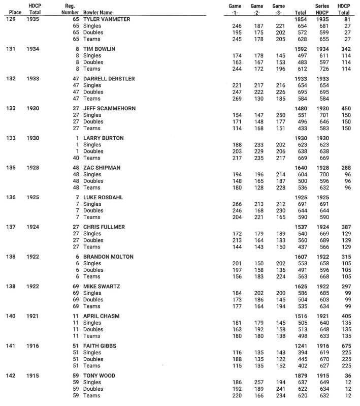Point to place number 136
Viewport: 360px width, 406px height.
[11, 197]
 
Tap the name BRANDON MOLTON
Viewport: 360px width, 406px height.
[109, 257]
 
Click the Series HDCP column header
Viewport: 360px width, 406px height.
[323, 9]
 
